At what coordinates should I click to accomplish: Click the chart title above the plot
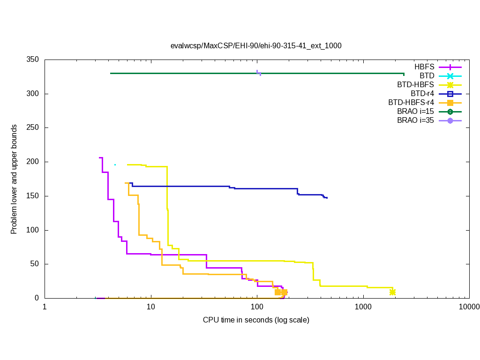(x=255, y=46)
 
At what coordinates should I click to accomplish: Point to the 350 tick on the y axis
(x=32, y=60)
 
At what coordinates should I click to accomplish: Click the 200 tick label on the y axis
(x=32, y=162)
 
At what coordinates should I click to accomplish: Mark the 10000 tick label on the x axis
(x=469, y=307)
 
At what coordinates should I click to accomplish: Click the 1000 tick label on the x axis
(x=363, y=307)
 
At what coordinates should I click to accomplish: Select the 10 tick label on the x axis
(x=150, y=307)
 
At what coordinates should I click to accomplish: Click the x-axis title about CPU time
(x=256, y=320)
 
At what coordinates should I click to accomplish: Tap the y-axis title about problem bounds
(x=14, y=179)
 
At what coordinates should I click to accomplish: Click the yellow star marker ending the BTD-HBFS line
(x=392, y=292)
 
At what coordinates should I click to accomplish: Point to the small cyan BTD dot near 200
(x=115, y=165)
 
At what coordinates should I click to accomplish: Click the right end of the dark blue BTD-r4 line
(x=327, y=198)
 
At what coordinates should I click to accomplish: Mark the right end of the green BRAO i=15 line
(x=404, y=74)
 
